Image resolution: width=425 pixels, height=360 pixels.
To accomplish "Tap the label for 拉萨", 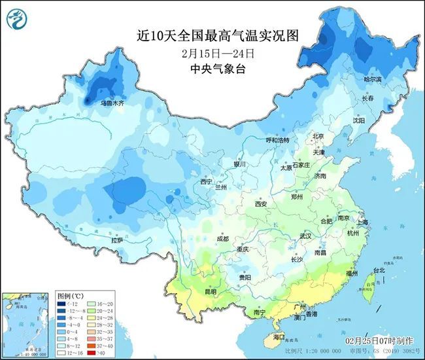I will coord(117,240).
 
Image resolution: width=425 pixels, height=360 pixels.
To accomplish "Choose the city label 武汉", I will coord(305,236).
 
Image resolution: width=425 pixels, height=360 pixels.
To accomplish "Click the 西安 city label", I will coord(261,204).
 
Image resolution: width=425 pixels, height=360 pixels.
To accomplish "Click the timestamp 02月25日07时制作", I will coord(379,341).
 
